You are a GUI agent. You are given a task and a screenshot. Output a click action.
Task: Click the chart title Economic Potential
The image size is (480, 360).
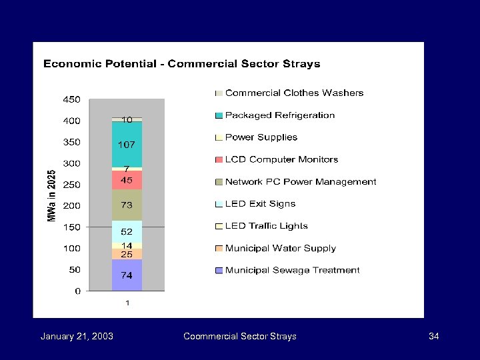pyautogui.click(x=181, y=64)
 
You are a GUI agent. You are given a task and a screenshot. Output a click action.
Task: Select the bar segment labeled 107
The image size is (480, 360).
pyautogui.click(x=127, y=144)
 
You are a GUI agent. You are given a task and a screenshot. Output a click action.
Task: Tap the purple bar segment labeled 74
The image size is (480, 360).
pyautogui.click(x=127, y=275)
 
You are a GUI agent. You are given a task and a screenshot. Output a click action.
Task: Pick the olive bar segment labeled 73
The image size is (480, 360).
pyautogui.click(x=127, y=205)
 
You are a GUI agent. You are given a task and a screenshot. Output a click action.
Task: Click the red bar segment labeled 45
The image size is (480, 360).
pyautogui.click(x=127, y=180)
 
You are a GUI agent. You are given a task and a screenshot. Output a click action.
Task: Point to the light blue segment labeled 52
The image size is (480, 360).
pyautogui.click(x=127, y=231)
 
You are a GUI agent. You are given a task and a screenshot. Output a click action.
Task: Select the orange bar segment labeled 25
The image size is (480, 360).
pyautogui.click(x=127, y=254)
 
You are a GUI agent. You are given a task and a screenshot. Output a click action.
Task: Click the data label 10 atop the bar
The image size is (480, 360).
pyautogui.click(x=127, y=119)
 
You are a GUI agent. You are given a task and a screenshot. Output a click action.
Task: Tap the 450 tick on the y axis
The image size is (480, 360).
pyautogui.click(x=71, y=99)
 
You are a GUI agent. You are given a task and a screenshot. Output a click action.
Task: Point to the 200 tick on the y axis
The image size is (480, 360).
pyautogui.click(x=71, y=206)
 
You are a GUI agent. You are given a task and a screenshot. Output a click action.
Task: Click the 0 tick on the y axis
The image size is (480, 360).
pyautogui.click(x=77, y=291)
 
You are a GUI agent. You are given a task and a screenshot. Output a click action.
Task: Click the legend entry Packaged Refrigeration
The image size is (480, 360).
pyautogui.click(x=279, y=115)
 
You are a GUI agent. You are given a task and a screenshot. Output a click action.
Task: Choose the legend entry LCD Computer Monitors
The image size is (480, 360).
pyautogui.click(x=281, y=159)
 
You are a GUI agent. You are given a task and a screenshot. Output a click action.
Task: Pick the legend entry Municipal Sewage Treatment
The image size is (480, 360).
pyautogui.click(x=292, y=270)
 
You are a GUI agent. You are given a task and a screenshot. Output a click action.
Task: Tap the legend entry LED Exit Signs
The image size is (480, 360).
pyautogui.click(x=260, y=204)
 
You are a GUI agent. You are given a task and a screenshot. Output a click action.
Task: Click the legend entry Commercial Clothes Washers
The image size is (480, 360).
pyautogui.click(x=294, y=93)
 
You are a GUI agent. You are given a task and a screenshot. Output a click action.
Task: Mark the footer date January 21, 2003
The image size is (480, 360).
pyautogui.click(x=77, y=336)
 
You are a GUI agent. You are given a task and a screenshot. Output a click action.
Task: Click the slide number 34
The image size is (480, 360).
pyautogui.click(x=433, y=336)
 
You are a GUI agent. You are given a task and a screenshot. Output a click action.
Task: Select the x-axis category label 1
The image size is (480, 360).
pyautogui.click(x=127, y=303)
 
